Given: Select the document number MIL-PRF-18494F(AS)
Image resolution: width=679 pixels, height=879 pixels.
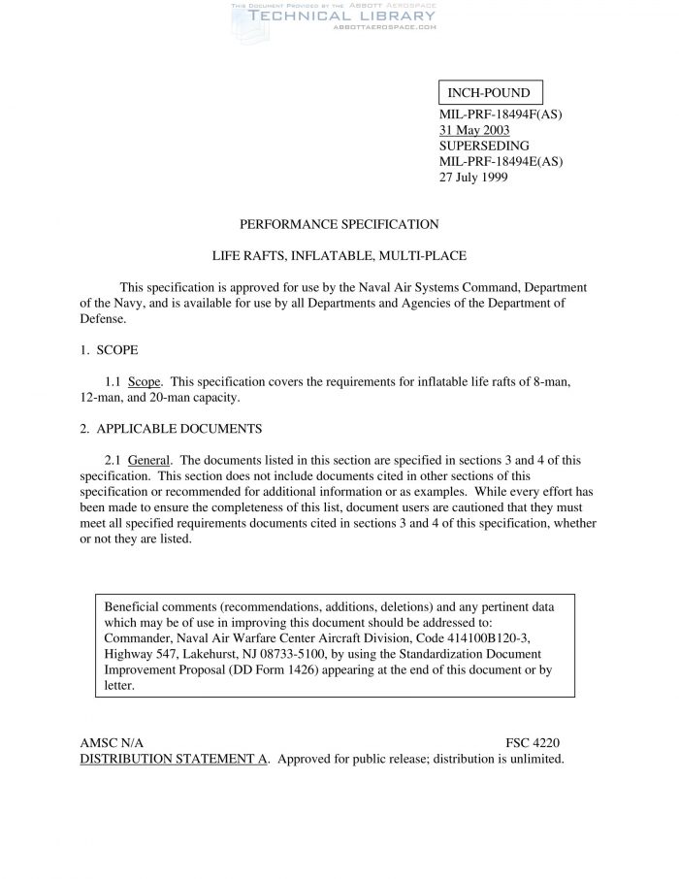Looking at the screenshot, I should click(x=501, y=114).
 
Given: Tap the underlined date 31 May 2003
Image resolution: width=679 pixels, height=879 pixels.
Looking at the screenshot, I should click(x=474, y=130).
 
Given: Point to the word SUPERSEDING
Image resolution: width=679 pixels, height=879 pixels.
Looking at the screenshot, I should click(x=484, y=146).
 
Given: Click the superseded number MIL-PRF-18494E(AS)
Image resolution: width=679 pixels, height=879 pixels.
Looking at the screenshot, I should click(x=501, y=161).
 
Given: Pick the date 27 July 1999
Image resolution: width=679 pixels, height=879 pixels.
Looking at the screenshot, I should click(x=473, y=177).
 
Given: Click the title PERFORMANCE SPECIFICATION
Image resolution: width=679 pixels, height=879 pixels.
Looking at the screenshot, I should click(x=339, y=224).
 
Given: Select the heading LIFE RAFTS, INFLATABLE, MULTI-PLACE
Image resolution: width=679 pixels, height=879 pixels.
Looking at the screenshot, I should click(x=339, y=256).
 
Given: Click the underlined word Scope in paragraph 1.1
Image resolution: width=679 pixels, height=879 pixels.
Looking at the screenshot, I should click(x=145, y=381).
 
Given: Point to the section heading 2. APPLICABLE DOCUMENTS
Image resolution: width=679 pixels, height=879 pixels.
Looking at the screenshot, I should click(x=171, y=429).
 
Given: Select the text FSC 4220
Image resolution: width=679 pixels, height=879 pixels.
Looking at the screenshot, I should click(x=533, y=742).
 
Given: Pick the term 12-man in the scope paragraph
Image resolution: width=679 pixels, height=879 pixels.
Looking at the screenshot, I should click(x=99, y=398).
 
